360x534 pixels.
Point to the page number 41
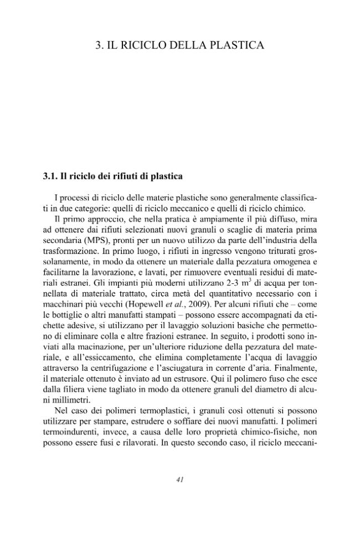179,480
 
